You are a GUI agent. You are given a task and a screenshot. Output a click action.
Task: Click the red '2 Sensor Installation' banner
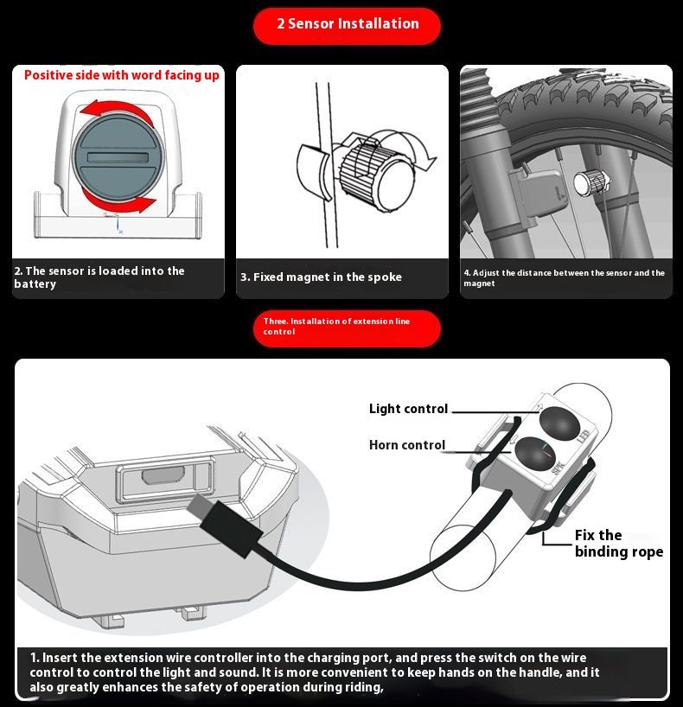[347, 24]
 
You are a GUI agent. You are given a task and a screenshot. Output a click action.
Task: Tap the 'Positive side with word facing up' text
[121, 75]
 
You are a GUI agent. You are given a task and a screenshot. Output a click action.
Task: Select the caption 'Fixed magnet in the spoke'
[321, 277]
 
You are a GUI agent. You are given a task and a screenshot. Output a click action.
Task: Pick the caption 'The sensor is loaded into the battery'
[99, 277]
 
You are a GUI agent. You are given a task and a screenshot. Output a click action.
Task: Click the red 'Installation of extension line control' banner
[346, 327]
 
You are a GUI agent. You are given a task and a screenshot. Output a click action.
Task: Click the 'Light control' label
[408, 409]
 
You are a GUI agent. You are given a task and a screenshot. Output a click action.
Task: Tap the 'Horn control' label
[406, 445]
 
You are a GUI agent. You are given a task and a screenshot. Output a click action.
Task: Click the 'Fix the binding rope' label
[618, 544]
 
